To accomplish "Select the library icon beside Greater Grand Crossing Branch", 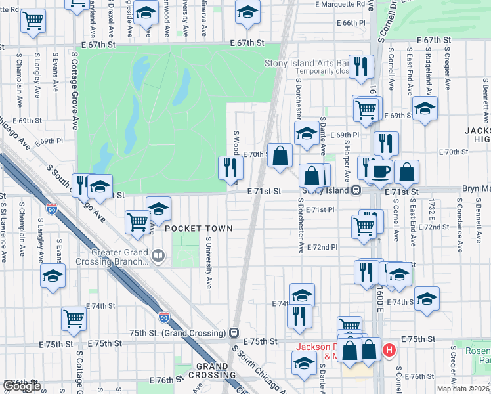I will click(158, 255).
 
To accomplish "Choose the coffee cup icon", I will click(381, 173).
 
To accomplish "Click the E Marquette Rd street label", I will click(339, 4).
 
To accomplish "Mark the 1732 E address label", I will click(432, 218).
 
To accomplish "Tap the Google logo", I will click(21, 386).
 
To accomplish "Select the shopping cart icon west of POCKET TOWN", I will click(137, 222).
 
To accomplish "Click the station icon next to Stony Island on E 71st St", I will click(355, 190).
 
